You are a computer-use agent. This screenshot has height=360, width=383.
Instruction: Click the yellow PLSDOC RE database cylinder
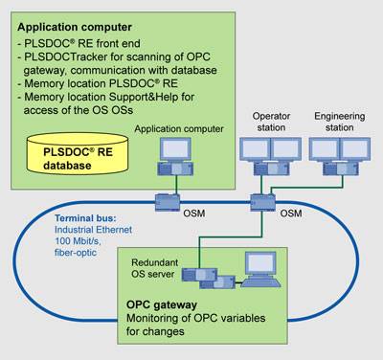78,153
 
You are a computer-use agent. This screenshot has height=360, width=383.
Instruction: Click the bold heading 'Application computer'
75,27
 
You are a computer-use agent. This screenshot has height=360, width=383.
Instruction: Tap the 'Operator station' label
271,122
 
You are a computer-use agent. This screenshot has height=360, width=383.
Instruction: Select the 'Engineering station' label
340,122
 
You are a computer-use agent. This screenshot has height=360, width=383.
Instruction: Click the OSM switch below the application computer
168,202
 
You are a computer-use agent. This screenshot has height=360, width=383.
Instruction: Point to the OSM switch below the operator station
262,202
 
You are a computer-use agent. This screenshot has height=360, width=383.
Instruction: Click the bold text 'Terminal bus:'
85,218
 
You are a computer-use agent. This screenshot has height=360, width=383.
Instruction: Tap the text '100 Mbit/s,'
78,241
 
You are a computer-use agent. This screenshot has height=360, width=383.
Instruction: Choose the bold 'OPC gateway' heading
162,304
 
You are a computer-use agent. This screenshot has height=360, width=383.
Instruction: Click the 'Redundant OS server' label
154,268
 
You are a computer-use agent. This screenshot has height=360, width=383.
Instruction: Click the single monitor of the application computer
176,149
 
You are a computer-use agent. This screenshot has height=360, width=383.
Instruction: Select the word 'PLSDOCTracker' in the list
66,56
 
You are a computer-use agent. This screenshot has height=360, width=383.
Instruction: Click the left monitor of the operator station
255,149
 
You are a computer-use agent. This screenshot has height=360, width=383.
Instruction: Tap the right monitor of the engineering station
355,149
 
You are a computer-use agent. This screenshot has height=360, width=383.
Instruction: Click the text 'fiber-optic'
76,253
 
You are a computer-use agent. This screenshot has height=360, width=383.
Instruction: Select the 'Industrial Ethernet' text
93,230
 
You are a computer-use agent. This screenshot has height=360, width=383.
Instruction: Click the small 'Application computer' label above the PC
179,129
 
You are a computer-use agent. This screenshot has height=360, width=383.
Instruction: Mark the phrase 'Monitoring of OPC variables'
196,318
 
